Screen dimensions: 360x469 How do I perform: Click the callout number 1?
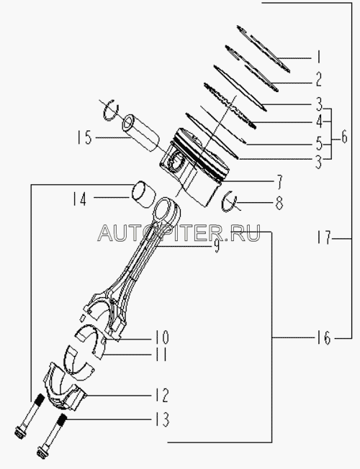click(319, 57)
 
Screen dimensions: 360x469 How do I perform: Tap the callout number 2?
click(319, 80)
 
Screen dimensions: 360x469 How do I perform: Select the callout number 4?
click(319, 122)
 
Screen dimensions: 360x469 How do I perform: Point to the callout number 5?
click(319, 144)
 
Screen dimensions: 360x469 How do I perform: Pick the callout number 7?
click(279, 182)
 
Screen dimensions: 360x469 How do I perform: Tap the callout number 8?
click(279, 203)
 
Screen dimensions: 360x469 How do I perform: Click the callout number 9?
click(216, 246)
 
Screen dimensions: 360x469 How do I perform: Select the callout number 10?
click(162, 337)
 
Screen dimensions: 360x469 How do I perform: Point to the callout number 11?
click(161, 355)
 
